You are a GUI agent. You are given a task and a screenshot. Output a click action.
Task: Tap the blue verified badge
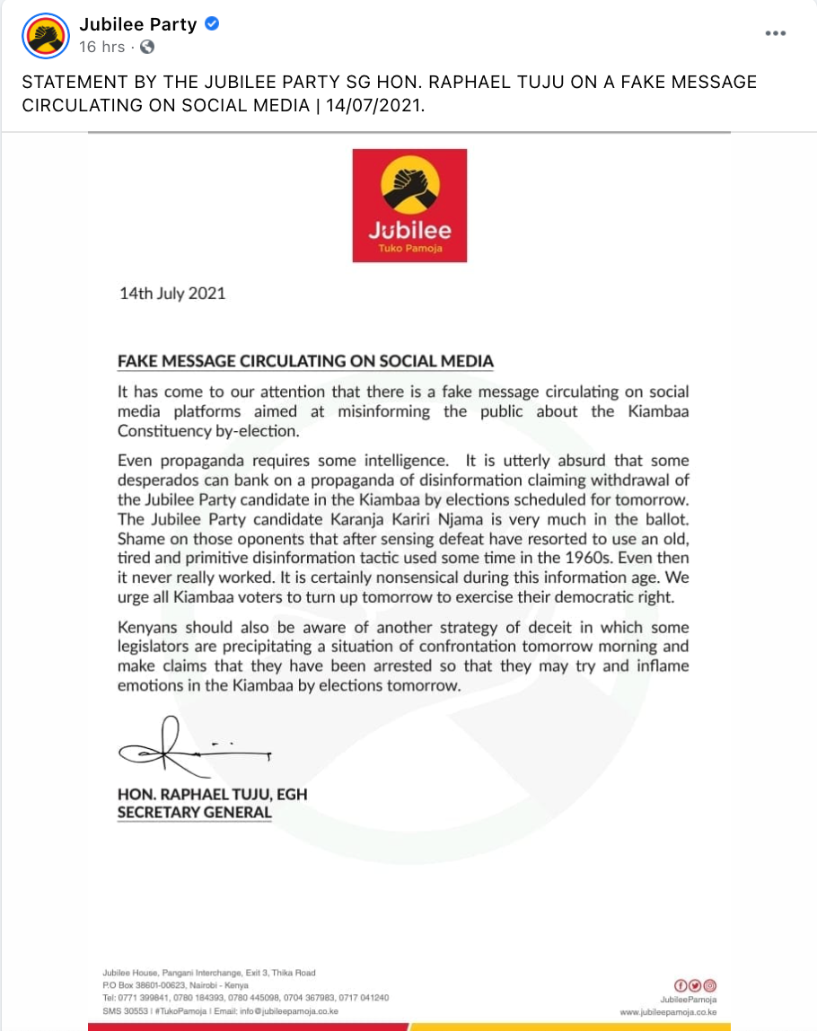(212, 24)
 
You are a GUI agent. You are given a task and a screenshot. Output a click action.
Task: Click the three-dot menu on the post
(775, 33)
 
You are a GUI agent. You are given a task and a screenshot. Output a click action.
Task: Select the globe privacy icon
(147, 47)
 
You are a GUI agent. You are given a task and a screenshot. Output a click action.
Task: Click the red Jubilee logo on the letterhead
(409, 206)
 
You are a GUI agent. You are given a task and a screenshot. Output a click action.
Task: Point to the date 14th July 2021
(172, 294)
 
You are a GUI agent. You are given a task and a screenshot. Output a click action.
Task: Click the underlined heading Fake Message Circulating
(305, 362)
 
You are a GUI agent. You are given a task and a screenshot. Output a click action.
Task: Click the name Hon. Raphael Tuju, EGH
(212, 795)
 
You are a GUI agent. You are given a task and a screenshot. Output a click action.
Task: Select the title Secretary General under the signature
(194, 813)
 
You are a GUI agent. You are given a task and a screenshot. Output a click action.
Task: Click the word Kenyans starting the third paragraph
(149, 627)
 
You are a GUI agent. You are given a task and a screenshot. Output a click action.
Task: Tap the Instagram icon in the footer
(709, 985)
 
